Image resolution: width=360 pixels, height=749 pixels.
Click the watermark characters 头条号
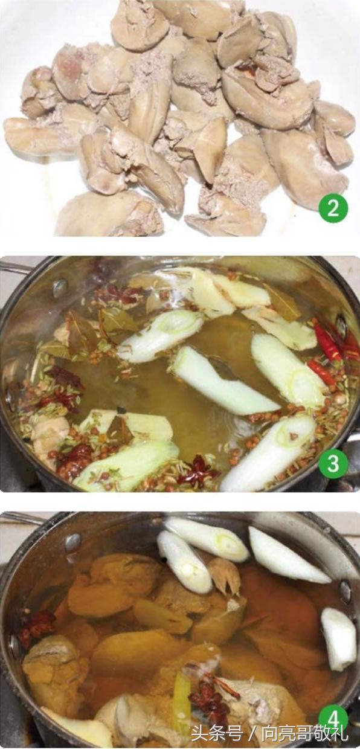(x=217, y=734)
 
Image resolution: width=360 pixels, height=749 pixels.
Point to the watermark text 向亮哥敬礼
(x=305, y=734)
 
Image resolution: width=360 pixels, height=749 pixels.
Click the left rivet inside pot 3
(x=60, y=286)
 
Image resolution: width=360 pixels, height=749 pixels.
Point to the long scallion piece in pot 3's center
(x=225, y=381)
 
